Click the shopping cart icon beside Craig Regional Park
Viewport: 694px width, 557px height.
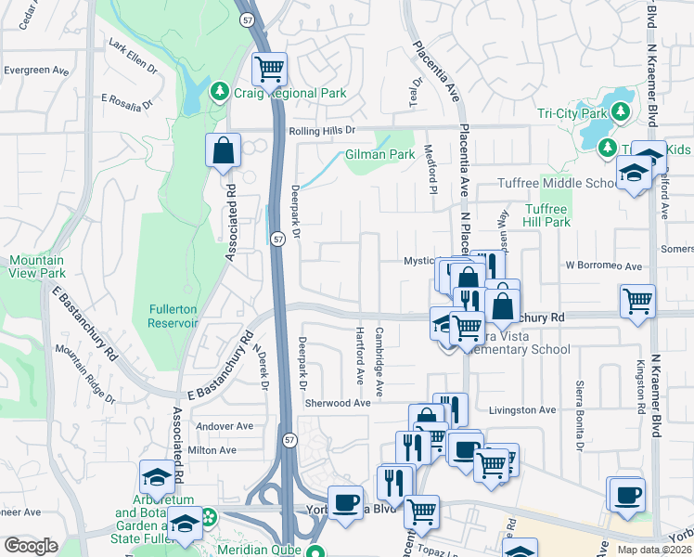click(x=269, y=68)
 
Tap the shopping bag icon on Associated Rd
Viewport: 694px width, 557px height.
click(x=224, y=151)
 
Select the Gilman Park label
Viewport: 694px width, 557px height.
click(x=379, y=155)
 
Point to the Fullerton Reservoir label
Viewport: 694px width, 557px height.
click(x=173, y=316)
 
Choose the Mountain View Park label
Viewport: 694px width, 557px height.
click(x=37, y=267)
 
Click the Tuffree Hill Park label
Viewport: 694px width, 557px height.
click(x=546, y=215)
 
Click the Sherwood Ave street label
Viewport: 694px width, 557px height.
click(x=338, y=403)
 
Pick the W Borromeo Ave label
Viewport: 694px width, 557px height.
click(x=604, y=266)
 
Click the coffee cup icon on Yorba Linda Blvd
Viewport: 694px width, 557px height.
click(x=345, y=502)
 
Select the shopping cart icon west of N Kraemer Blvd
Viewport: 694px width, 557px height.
click(x=637, y=301)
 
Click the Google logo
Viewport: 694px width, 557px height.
click(x=31, y=545)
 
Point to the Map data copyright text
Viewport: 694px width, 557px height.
click(x=654, y=550)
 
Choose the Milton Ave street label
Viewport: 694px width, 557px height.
click(x=212, y=450)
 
